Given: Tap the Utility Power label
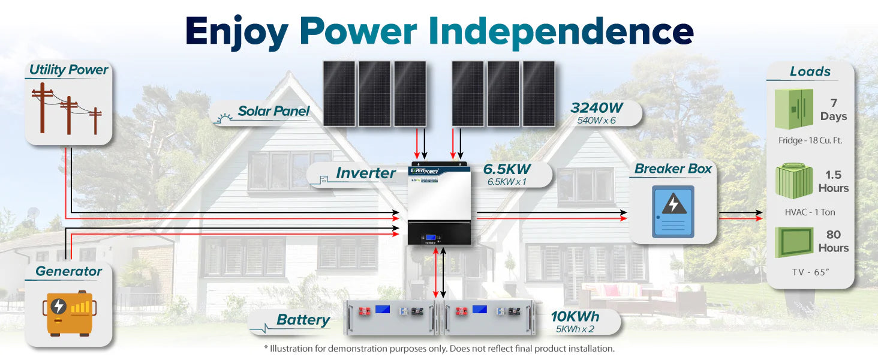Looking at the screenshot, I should (68, 70).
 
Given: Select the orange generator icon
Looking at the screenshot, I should (70, 311).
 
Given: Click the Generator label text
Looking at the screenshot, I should (68, 271).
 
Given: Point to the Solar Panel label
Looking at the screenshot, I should (273, 111).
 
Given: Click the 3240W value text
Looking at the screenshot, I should (597, 108).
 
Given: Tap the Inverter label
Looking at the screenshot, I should (365, 173).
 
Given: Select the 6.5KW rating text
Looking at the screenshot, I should (507, 169).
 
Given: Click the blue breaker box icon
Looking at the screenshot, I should (673, 211).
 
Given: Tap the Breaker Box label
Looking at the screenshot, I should (673, 169).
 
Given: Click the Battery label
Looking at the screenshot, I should (303, 320).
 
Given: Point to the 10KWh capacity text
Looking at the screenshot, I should (575, 317).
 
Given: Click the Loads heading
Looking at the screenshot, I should (810, 71).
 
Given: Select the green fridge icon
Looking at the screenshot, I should (793, 109).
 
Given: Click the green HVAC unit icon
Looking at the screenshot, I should (793, 180).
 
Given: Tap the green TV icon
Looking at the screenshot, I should (794, 242).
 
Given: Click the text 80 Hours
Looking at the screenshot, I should (834, 241).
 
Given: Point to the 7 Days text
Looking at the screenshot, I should (834, 110).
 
